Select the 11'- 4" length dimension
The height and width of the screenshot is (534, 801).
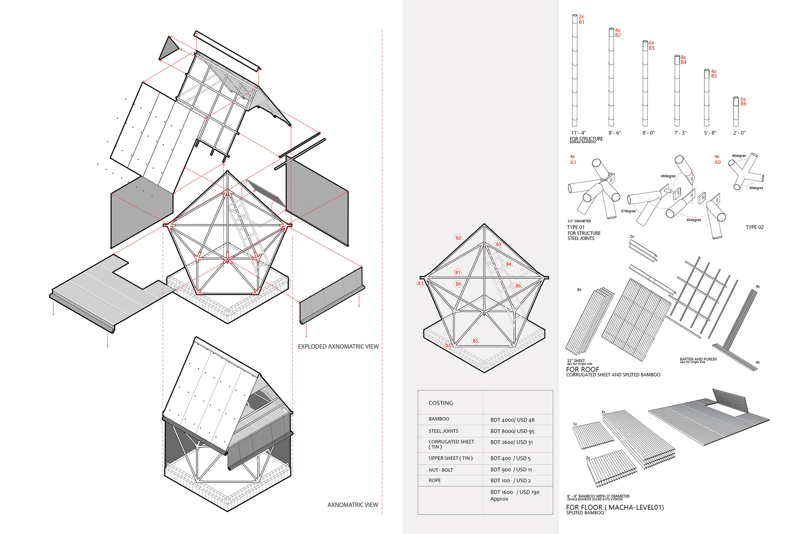578,133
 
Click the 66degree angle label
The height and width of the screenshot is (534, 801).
739,156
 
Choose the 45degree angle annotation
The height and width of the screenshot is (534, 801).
693,220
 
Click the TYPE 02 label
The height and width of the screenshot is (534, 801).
754,227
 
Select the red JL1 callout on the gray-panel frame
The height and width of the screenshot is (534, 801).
420,283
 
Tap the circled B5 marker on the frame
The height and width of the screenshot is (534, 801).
475,341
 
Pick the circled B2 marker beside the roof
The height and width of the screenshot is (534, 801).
458,238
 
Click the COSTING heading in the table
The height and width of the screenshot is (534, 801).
441,403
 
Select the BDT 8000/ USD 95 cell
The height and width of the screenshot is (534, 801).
512,431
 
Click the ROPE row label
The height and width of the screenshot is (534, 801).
434,480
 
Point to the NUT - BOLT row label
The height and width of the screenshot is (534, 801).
441,470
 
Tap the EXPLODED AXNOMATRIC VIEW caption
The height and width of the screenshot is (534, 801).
338,346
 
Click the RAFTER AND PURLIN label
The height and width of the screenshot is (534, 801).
698,359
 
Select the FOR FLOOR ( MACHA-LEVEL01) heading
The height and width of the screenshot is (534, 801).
615,507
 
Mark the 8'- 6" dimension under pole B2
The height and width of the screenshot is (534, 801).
615,133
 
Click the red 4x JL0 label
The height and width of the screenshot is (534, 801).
717,159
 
